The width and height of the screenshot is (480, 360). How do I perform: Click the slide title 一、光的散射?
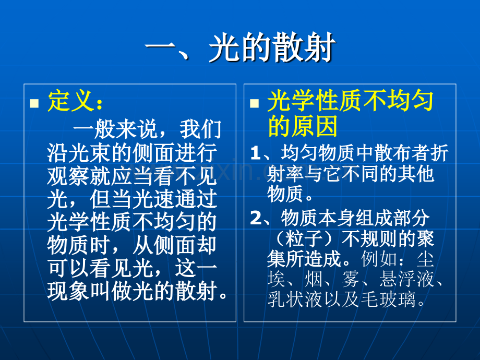pyautogui.click(x=241, y=48)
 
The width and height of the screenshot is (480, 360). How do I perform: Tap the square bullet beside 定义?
pyautogui.click(x=34, y=103)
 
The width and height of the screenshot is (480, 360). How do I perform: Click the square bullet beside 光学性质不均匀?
pyautogui.click(x=255, y=103)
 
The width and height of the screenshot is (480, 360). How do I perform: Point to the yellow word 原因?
pyautogui.click(x=315, y=126)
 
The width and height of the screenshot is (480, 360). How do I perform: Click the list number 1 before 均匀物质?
pyautogui.click(x=255, y=153)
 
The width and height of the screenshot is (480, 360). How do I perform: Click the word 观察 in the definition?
pyautogui.click(x=68, y=176)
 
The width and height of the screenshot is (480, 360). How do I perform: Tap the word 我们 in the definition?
pyautogui.click(x=200, y=129)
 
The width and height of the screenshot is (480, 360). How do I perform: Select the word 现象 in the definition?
pyautogui.click(x=68, y=291)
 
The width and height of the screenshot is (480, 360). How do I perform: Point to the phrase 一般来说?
pyautogui.click(x=115, y=129)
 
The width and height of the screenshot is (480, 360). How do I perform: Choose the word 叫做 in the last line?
pyautogui.click(x=111, y=291)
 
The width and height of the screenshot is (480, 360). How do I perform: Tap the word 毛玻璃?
pyautogui.click(x=388, y=299)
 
